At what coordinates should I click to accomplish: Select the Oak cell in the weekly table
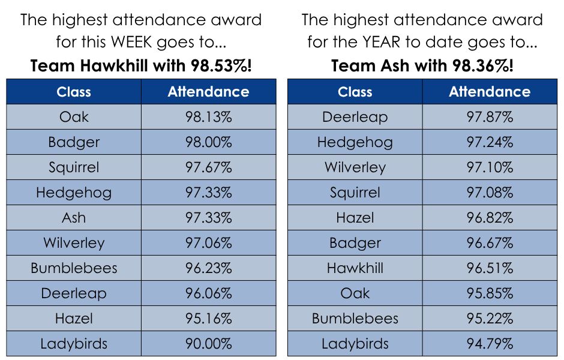coord(74,117)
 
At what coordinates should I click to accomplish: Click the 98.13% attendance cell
coord(208,117)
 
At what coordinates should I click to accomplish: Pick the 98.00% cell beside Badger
coord(208,142)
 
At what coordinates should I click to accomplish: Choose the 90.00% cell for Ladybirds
coord(208,344)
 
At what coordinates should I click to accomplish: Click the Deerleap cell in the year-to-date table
coord(355,117)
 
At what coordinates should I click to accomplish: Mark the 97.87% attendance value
coord(490,117)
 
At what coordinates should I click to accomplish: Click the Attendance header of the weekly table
coord(208,92)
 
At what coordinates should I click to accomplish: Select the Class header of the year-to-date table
coord(355,92)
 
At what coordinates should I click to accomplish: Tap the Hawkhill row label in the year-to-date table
coord(355,268)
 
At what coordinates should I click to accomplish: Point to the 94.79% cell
coord(490,344)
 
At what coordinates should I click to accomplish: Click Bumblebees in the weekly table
coord(74,268)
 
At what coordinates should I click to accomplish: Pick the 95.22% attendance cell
coord(490,319)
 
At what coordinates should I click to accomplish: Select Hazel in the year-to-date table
coord(355,218)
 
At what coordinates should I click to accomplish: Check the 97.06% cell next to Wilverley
coord(208,243)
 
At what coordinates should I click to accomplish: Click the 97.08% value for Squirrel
coord(490,193)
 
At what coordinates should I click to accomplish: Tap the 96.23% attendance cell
coord(208,268)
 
